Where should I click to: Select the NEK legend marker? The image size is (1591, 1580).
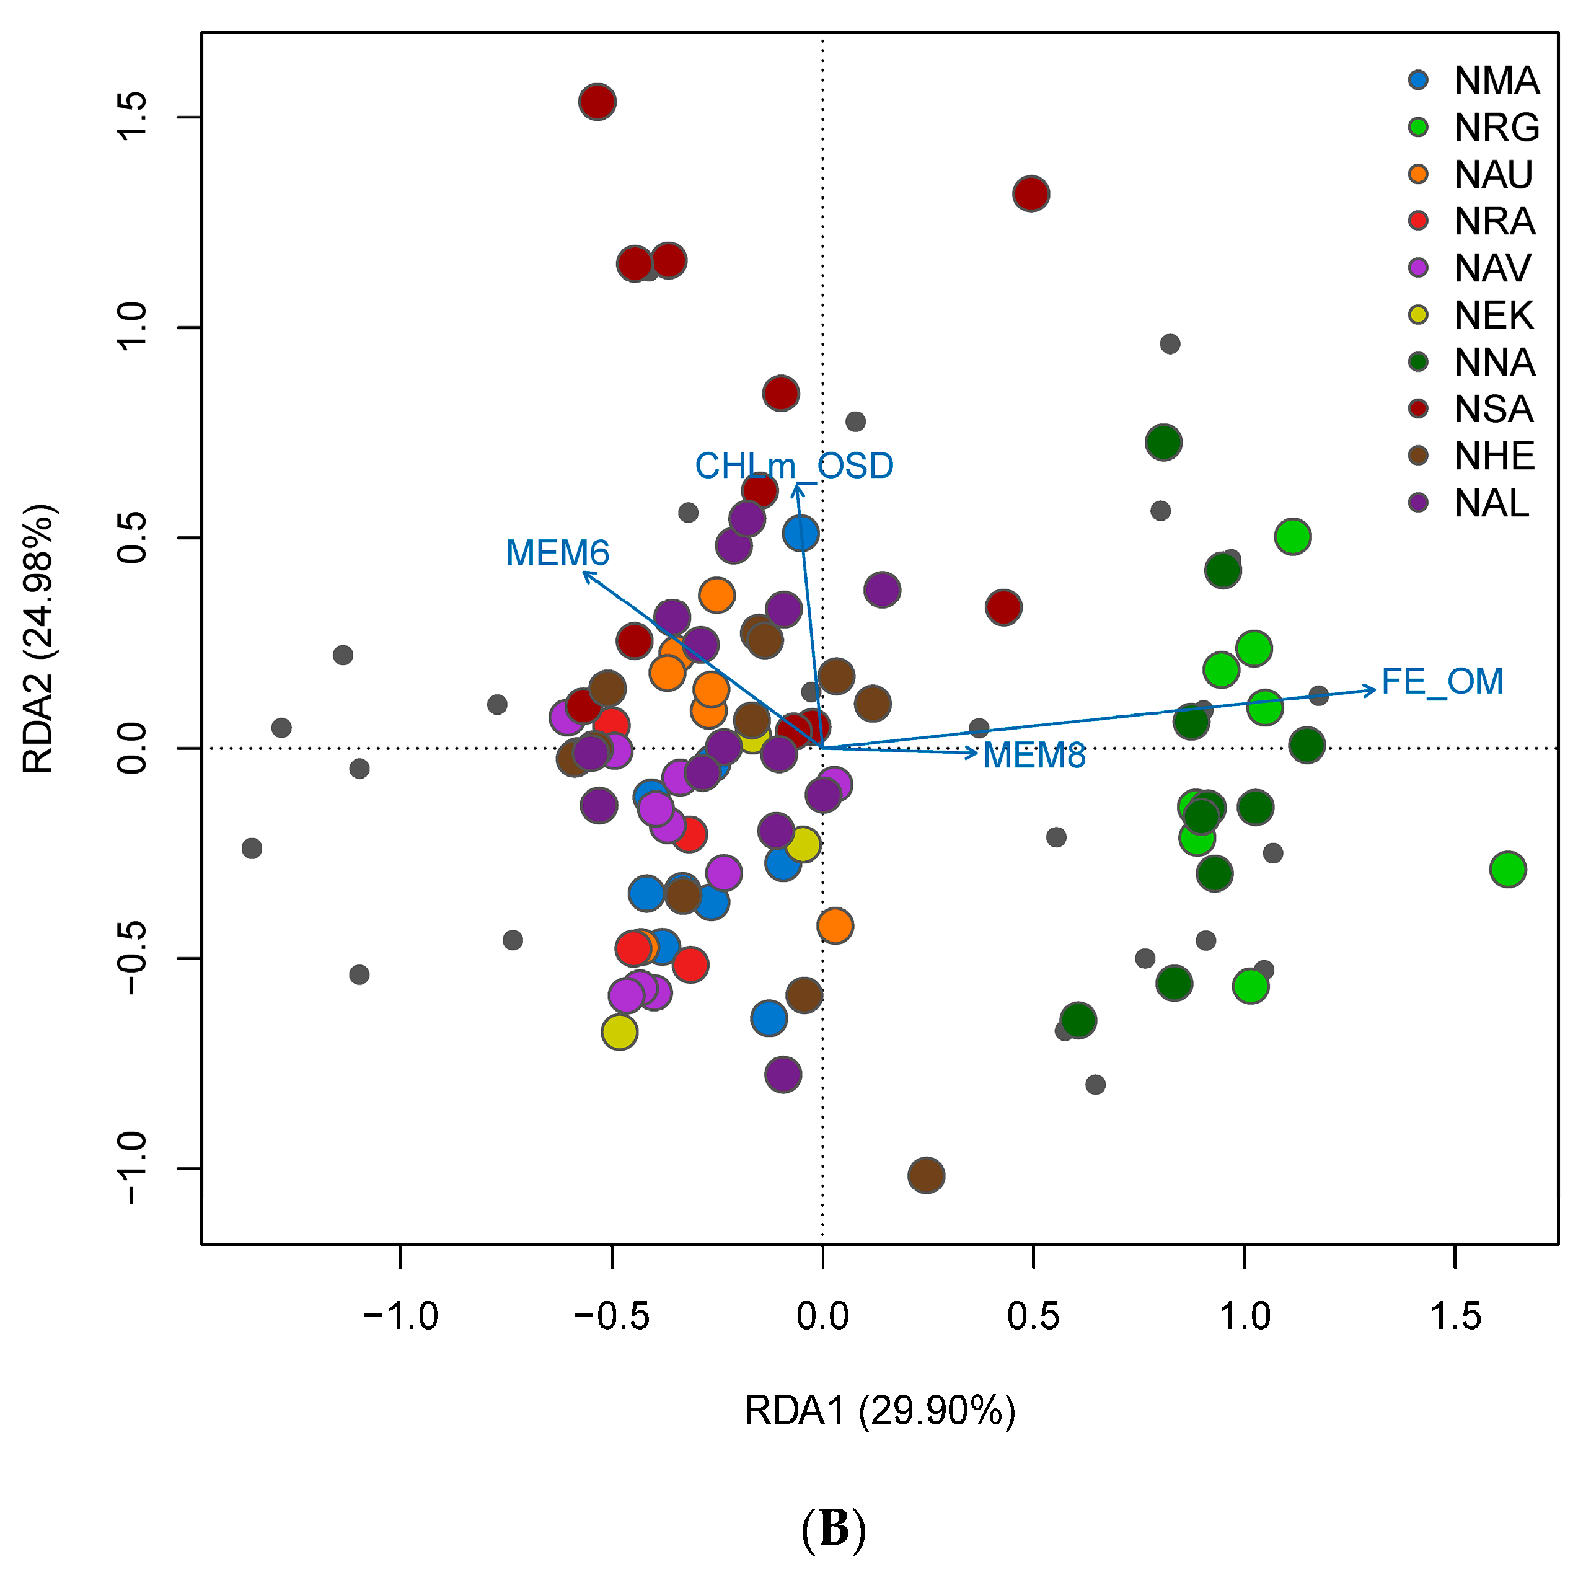1418,315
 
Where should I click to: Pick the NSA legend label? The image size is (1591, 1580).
1494,410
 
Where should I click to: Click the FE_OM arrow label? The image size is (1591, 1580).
1442,681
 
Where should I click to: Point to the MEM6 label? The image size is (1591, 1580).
558,553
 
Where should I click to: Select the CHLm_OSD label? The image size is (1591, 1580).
794,466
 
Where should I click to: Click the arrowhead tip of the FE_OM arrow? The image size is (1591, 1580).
1375,689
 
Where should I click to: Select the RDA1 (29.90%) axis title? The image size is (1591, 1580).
879,1411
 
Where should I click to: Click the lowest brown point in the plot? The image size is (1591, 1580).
927,1175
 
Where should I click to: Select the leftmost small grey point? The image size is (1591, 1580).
252,849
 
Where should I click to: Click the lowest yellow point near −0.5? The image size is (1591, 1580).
620,1031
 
